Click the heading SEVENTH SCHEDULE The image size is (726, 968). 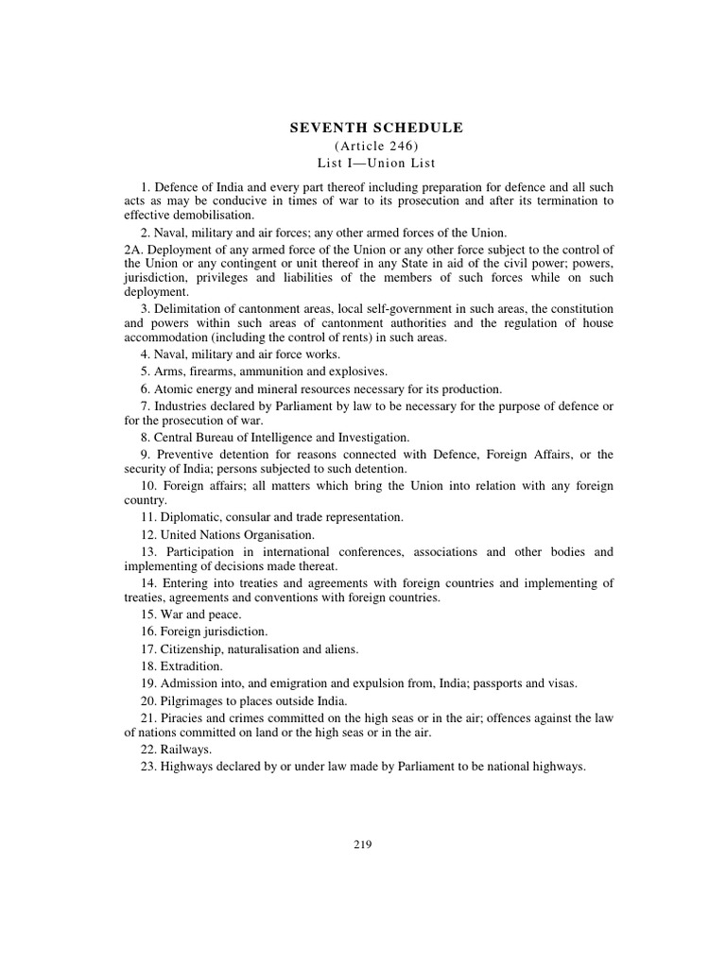[375, 128]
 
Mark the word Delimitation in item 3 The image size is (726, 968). [195, 309]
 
